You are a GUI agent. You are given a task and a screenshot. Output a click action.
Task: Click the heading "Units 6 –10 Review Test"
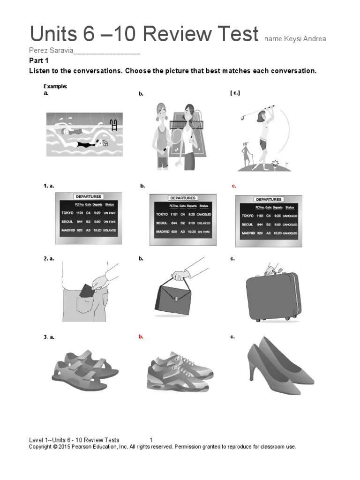(144, 34)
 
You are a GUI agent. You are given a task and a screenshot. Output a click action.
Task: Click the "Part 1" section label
(39, 61)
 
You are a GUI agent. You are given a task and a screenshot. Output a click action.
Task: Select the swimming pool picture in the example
(84, 134)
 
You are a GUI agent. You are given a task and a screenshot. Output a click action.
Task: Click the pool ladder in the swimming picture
(112, 125)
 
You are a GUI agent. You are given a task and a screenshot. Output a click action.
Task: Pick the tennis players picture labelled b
(175, 136)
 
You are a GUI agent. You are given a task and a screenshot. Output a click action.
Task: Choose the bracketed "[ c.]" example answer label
(235, 93)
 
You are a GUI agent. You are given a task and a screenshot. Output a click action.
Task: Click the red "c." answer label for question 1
(234, 186)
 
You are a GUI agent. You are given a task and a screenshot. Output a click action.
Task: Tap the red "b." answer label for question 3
(141, 337)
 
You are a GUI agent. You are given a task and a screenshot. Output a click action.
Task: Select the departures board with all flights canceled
(269, 220)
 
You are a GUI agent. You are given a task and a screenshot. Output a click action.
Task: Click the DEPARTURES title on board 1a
(88, 197)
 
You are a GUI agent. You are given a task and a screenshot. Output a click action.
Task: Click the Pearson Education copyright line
(162, 447)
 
